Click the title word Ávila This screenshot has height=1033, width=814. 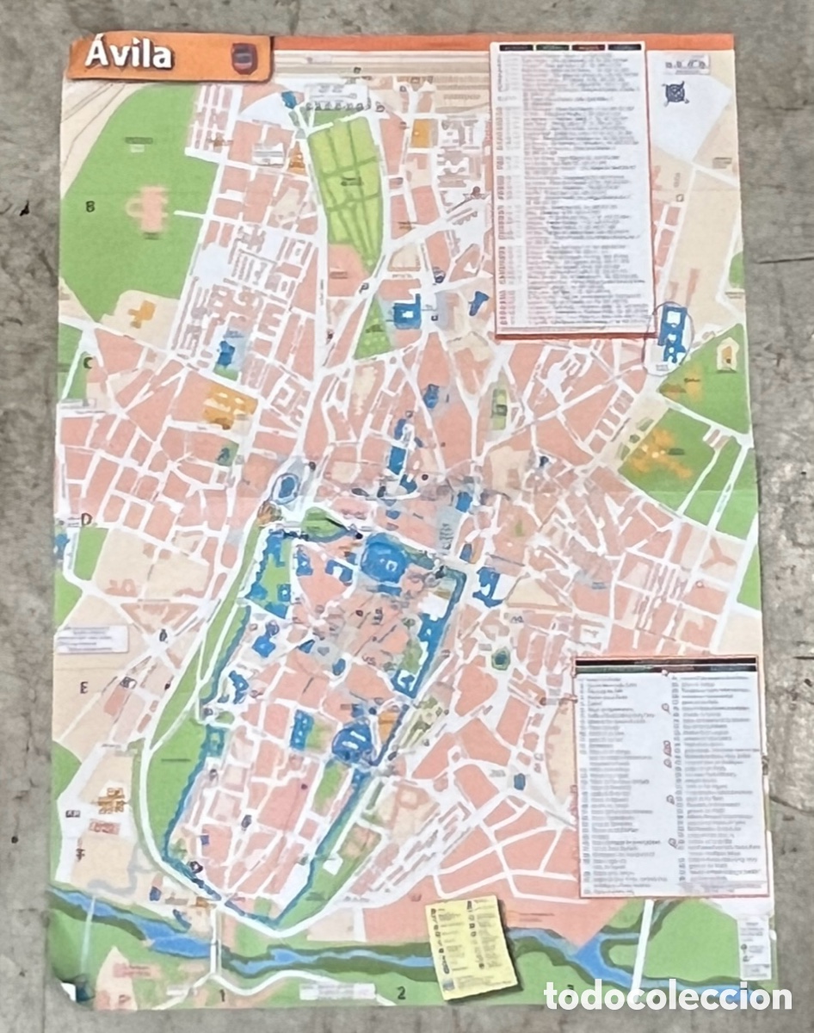tap(129, 56)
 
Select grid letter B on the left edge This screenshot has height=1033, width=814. tap(89, 206)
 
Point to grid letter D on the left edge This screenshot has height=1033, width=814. tap(86, 519)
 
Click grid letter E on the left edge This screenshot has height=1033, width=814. tap(84, 687)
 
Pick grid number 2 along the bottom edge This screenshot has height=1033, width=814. tap(400, 995)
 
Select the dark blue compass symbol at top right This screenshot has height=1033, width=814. tap(675, 92)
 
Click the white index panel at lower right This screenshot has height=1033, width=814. tap(670, 775)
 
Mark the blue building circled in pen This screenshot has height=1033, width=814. tap(672, 336)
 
